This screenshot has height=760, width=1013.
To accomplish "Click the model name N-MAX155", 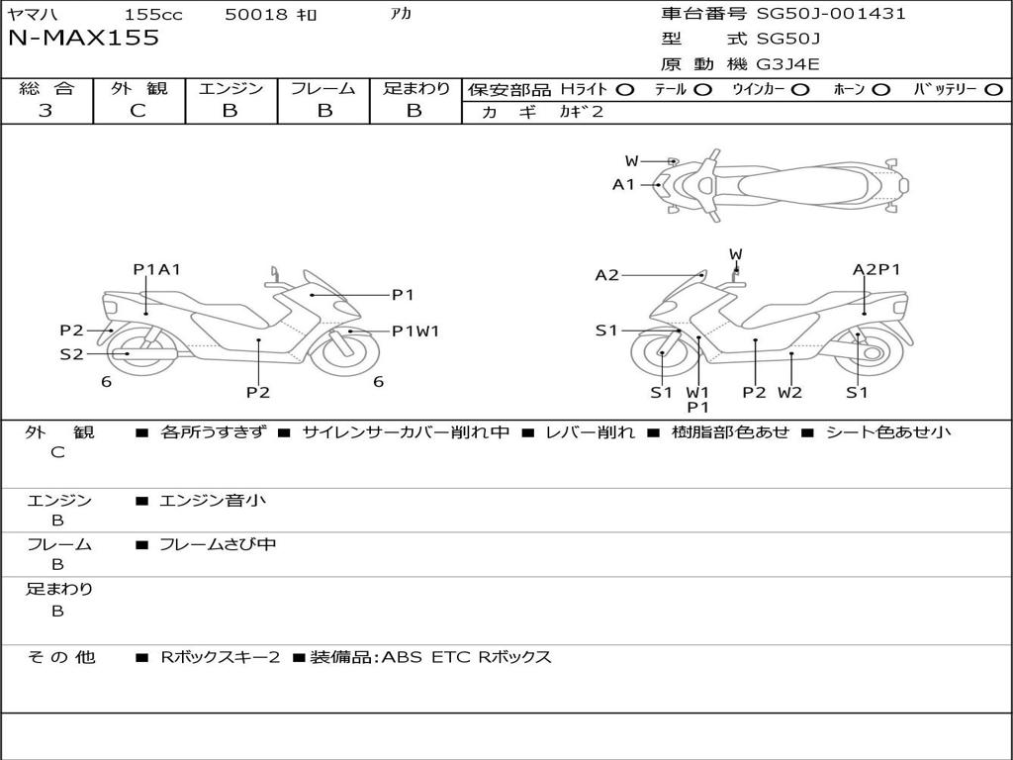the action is [x=83, y=39].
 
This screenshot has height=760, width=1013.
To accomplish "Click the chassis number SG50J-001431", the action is [x=831, y=14].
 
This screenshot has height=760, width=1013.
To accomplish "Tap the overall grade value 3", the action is [x=46, y=111].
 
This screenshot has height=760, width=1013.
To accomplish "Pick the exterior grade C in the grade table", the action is [x=138, y=111].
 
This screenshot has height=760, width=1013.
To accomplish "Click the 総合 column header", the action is [x=46, y=89].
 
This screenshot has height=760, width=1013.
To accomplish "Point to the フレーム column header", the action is [x=323, y=89].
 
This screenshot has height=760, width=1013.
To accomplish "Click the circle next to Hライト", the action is [x=624, y=89].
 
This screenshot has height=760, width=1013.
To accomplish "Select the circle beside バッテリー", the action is [x=994, y=89].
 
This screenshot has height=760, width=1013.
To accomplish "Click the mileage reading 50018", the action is [x=256, y=15].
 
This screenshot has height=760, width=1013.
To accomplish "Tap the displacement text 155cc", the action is [x=152, y=15].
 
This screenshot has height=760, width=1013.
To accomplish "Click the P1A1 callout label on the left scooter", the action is [x=156, y=269].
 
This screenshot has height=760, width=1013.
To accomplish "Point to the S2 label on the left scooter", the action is [x=71, y=354].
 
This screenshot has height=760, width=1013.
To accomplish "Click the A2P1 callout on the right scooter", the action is [x=876, y=269].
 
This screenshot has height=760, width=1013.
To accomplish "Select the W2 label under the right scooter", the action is [x=789, y=392].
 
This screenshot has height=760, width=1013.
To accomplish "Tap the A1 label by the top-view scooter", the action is [x=623, y=184].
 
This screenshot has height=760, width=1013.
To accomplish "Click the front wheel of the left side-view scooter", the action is [x=345, y=351].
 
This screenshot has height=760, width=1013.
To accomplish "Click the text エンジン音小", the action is [x=213, y=501].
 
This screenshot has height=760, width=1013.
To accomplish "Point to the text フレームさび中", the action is [x=218, y=544].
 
